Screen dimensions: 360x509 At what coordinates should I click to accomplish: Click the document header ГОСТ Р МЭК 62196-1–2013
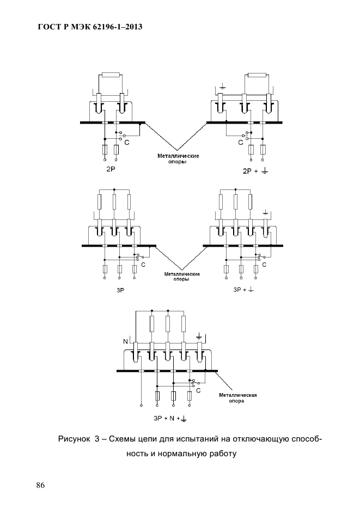(x=90, y=27)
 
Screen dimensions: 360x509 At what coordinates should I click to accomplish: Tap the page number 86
(x=41, y=485)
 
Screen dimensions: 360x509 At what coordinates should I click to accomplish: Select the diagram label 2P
(x=111, y=169)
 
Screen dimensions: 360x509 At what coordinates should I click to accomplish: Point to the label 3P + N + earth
(x=170, y=419)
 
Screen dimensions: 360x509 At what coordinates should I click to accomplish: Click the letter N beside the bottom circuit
(x=125, y=341)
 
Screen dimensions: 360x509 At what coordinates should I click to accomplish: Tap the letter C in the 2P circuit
(x=127, y=142)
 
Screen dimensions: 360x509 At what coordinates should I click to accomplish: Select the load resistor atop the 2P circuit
(x=111, y=75)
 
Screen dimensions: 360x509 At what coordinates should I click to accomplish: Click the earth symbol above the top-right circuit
(x=222, y=86)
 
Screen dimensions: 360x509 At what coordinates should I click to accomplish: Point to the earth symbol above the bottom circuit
(x=199, y=336)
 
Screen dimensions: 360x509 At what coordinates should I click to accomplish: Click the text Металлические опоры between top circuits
(x=178, y=158)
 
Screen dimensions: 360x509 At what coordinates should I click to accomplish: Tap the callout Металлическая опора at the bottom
(x=238, y=398)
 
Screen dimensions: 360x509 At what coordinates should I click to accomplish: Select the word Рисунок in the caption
(x=74, y=439)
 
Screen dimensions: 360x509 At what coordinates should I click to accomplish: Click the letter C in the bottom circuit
(x=198, y=390)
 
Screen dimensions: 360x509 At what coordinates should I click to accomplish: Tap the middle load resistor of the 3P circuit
(x=114, y=202)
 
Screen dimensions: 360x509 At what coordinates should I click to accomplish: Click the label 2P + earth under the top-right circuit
(x=255, y=171)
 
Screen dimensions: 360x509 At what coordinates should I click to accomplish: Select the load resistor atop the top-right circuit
(x=257, y=75)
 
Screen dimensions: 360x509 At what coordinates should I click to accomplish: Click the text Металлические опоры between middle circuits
(x=182, y=277)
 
